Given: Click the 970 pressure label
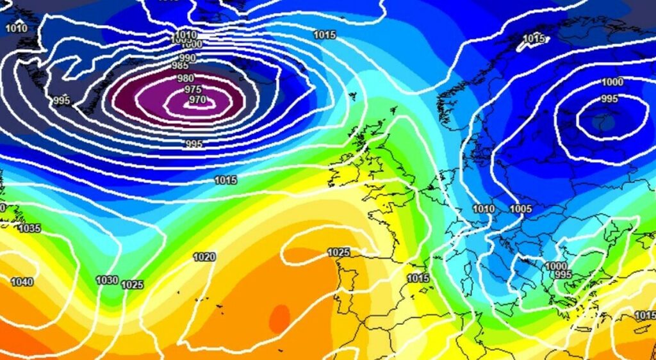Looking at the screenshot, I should [x=197, y=100].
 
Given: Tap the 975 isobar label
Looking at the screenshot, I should [x=193, y=90].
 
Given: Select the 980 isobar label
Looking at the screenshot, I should [x=185, y=79].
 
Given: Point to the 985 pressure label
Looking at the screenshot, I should [x=180, y=66].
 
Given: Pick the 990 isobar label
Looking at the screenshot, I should [x=188, y=58].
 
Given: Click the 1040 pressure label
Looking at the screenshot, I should [x=22, y=282].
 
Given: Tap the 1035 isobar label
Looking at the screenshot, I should [x=29, y=229].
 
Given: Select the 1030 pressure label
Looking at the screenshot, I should [x=106, y=280].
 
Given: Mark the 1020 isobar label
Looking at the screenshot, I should [x=204, y=257].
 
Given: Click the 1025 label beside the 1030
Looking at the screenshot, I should [x=132, y=284].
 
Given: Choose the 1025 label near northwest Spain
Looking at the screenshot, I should [x=339, y=252].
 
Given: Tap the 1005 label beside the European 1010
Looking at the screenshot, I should [x=520, y=209].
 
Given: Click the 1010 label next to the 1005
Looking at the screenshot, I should [x=484, y=209].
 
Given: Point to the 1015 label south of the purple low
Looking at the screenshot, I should [x=225, y=181].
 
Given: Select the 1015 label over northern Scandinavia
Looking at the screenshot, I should [x=534, y=39].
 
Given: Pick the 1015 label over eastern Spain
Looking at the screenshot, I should [x=418, y=279].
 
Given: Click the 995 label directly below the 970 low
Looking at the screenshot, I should [x=193, y=144].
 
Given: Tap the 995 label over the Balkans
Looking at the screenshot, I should [x=562, y=274].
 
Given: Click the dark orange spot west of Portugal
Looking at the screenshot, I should [x=279, y=318].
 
